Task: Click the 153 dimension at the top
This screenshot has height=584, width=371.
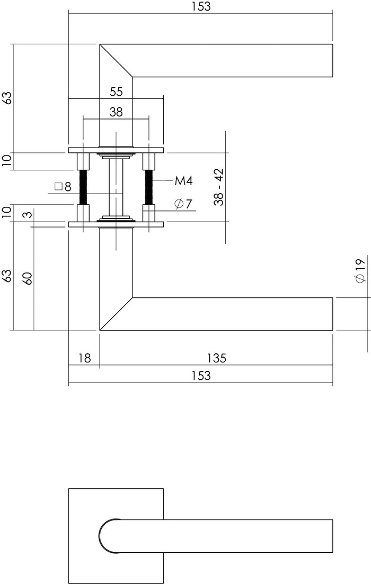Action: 200,6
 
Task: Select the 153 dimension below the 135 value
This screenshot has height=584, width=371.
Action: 200,376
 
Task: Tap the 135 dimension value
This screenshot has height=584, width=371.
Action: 216,358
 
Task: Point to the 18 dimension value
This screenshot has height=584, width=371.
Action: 84,358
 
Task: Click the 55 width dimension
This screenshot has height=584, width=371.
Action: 116,92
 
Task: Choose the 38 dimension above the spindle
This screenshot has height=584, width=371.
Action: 116,112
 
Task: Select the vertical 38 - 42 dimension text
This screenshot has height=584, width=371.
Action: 218,187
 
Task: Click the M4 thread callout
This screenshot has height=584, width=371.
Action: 183,181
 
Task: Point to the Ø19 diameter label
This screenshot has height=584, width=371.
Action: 360,271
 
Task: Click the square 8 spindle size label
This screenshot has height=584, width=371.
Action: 63,186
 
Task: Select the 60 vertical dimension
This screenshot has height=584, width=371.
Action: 28,278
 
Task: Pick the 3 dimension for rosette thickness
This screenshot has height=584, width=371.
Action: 28,214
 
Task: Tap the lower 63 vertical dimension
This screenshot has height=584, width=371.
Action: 7,276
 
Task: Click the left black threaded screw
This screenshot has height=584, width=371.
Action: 83,186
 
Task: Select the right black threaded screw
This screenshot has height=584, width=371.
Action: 149,186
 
